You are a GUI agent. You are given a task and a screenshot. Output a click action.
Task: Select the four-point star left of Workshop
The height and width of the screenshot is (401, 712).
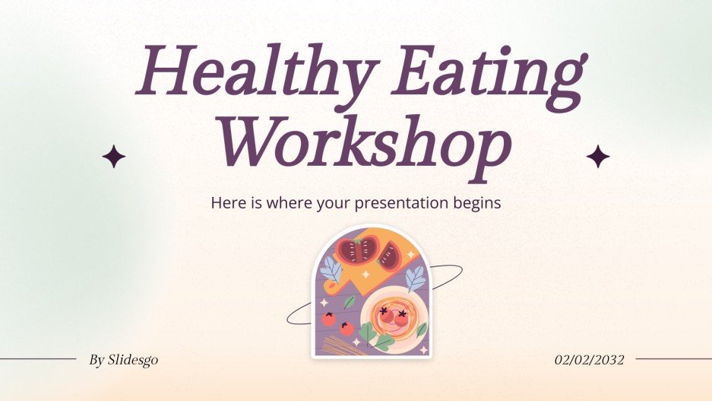(x=114, y=158)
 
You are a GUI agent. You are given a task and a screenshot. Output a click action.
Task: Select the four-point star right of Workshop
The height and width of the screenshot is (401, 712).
(x=598, y=156)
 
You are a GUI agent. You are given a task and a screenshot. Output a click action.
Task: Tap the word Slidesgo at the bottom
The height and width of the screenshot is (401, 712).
(x=133, y=360)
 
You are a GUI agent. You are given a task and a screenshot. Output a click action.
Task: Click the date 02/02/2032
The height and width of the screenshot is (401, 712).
(x=589, y=360)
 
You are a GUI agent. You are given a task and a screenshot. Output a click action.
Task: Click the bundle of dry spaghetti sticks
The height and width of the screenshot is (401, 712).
(x=339, y=345)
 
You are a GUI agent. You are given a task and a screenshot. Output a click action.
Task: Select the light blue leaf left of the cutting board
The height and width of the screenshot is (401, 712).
(x=331, y=269)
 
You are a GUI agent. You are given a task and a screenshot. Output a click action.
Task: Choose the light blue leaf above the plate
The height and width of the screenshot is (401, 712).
(x=415, y=280)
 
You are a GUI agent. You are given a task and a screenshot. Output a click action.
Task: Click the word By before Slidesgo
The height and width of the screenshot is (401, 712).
(x=97, y=360)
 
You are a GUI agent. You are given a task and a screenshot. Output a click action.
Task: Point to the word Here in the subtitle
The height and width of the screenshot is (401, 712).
(x=226, y=204)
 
